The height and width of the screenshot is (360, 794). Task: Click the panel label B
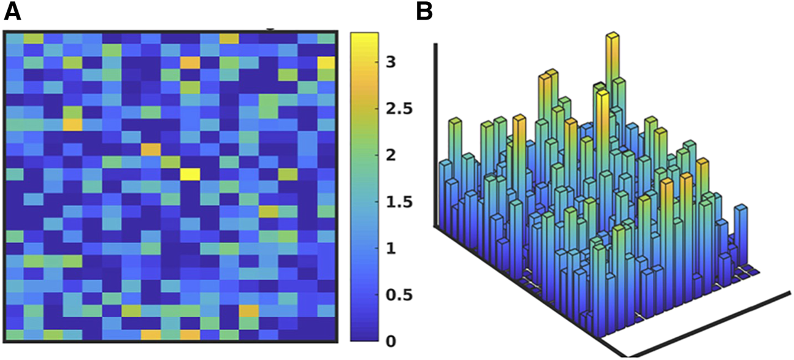(x=427, y=12)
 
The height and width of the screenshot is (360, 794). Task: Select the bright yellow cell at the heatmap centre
(x=189, y=174)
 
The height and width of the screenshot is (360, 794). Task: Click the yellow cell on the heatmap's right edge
(x=326, y=63)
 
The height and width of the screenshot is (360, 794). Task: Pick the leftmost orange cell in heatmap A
(x=72, y=124)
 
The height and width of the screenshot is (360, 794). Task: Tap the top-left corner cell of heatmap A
(x=14, y=39)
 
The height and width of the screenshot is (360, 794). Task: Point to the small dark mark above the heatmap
(x=269, y=28)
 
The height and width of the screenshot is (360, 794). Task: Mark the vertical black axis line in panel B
(x=436, y=135)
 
